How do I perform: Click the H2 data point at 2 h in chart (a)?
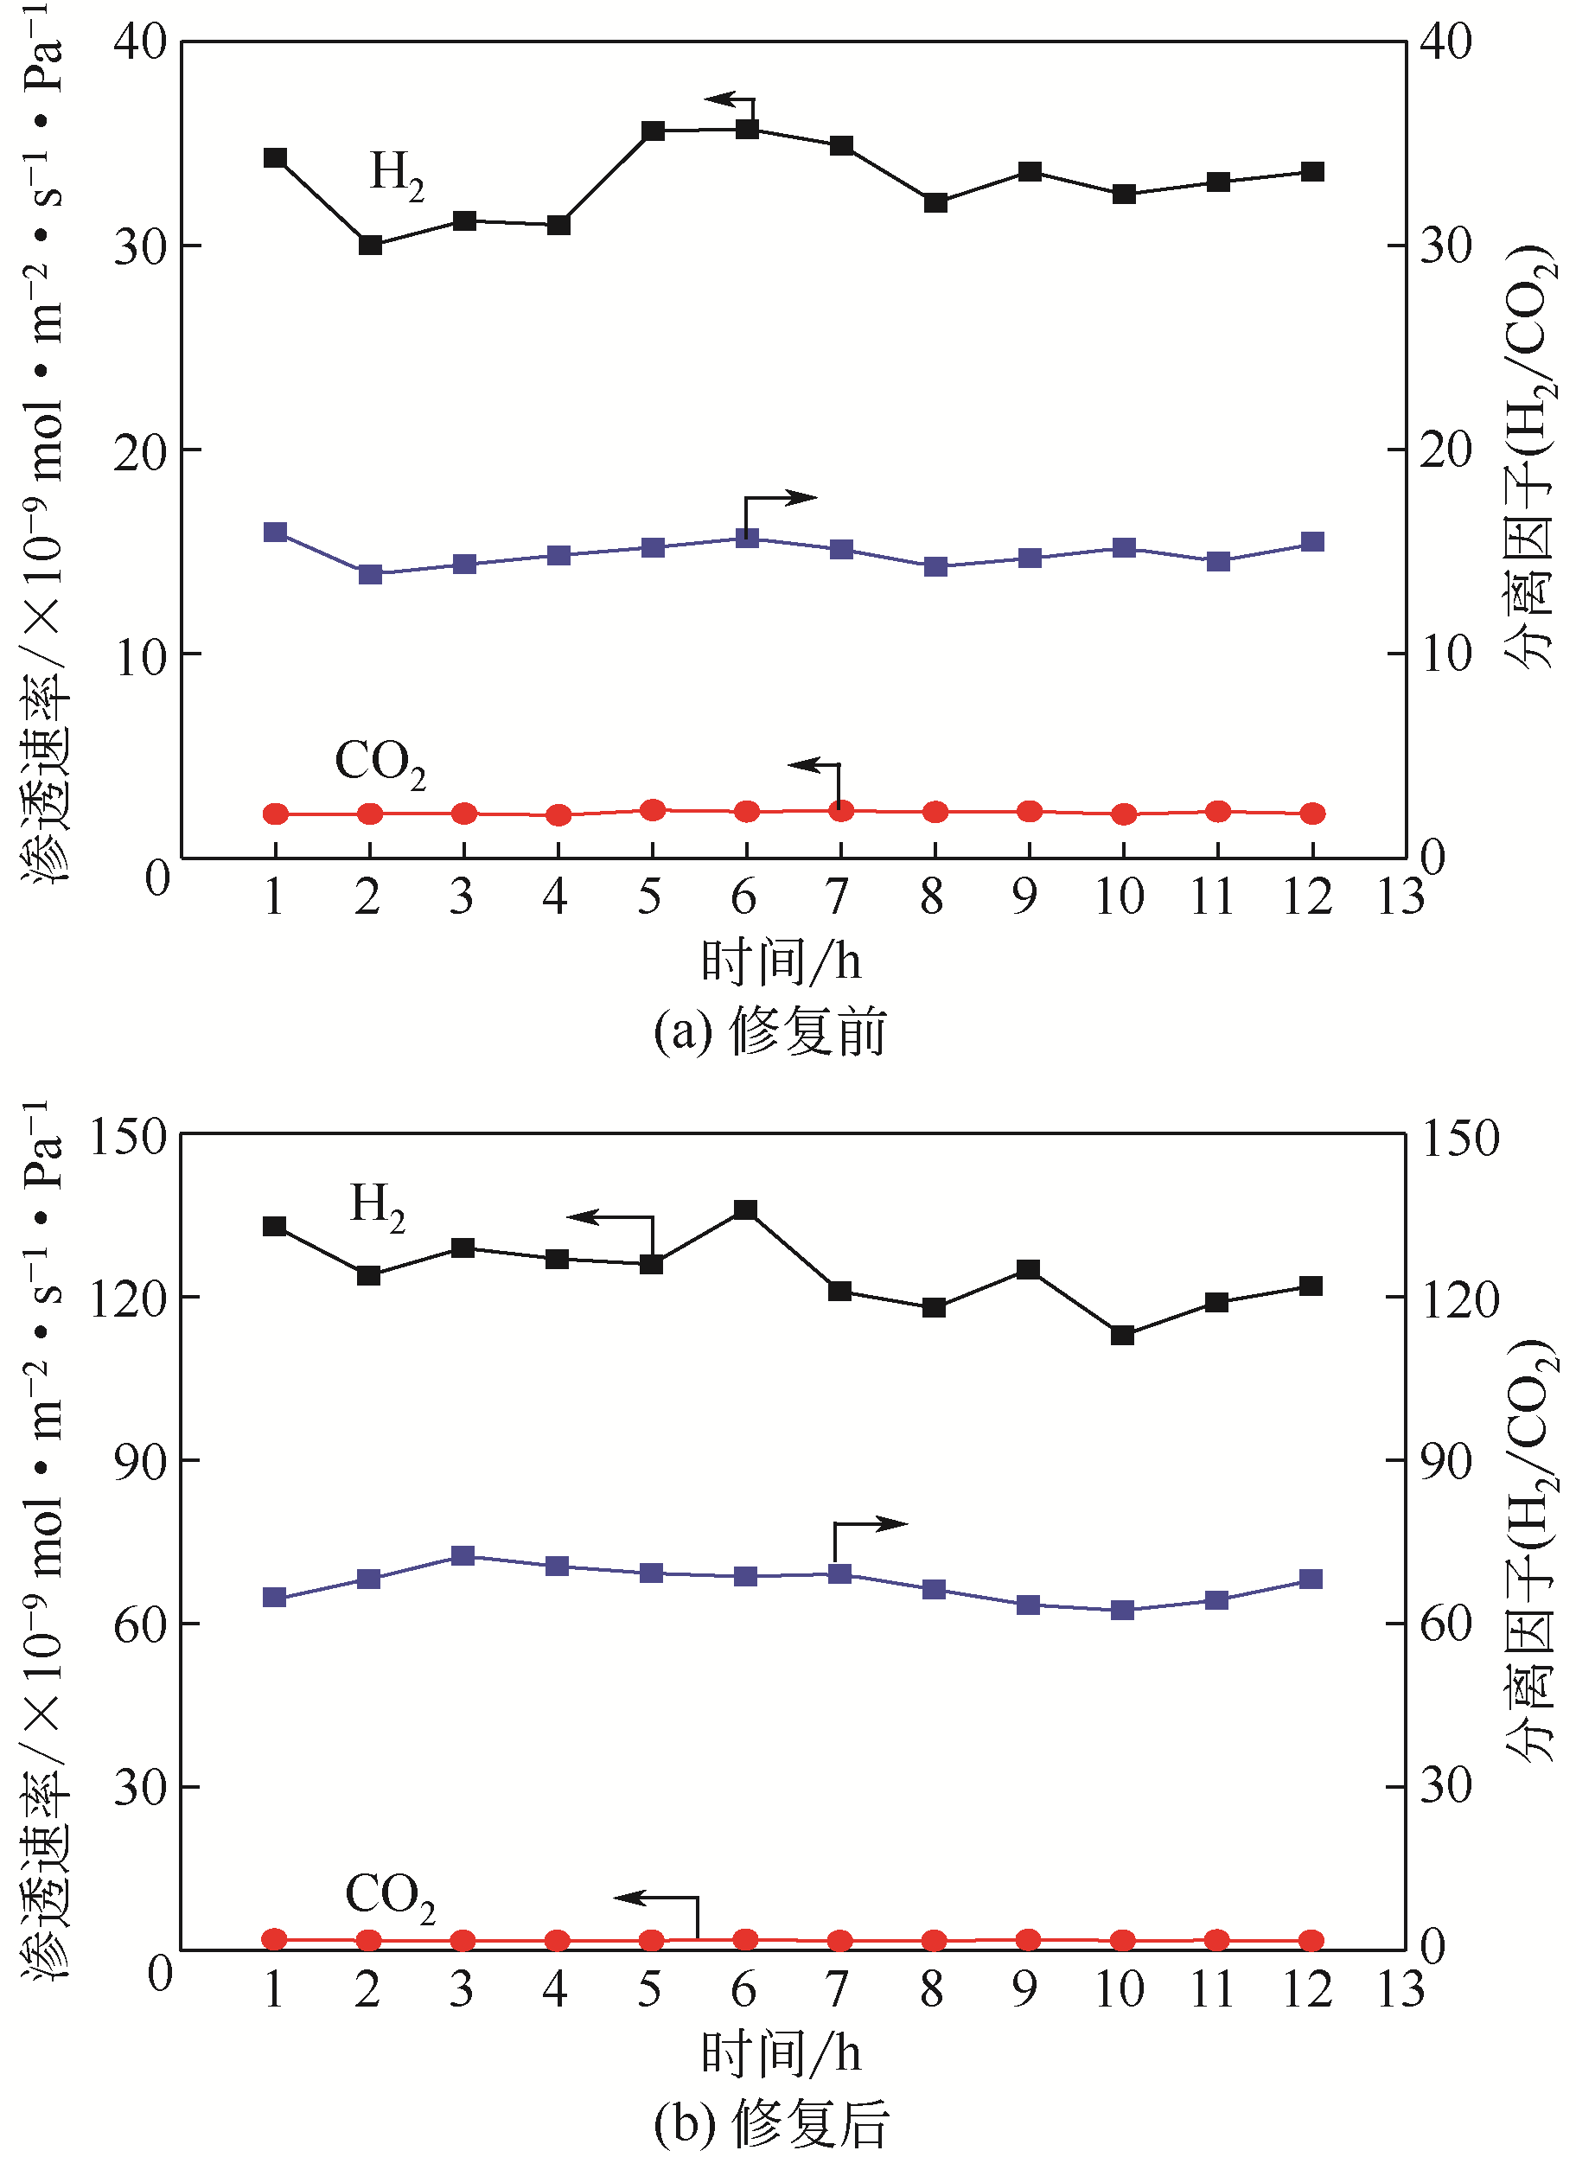[x=370, y=246]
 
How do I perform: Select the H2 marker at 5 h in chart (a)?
[x=653, y=131]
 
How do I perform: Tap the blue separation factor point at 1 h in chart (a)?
[x=276, y=533]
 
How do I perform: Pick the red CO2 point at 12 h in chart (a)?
[x=1312, y=813]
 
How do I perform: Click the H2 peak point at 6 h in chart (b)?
[x=746, y=1210]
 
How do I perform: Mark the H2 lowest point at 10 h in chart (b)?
[x=1123, y=1335]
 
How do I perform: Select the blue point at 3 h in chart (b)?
[x=463, y=1556]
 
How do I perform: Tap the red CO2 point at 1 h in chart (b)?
[x=275, y=1938]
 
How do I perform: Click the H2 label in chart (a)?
[x=397, y=175]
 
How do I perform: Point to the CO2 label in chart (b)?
[x=389, y=1897]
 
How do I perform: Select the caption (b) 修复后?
[x=771, y=2123]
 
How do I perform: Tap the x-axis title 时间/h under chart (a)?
[x=781, y=960]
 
